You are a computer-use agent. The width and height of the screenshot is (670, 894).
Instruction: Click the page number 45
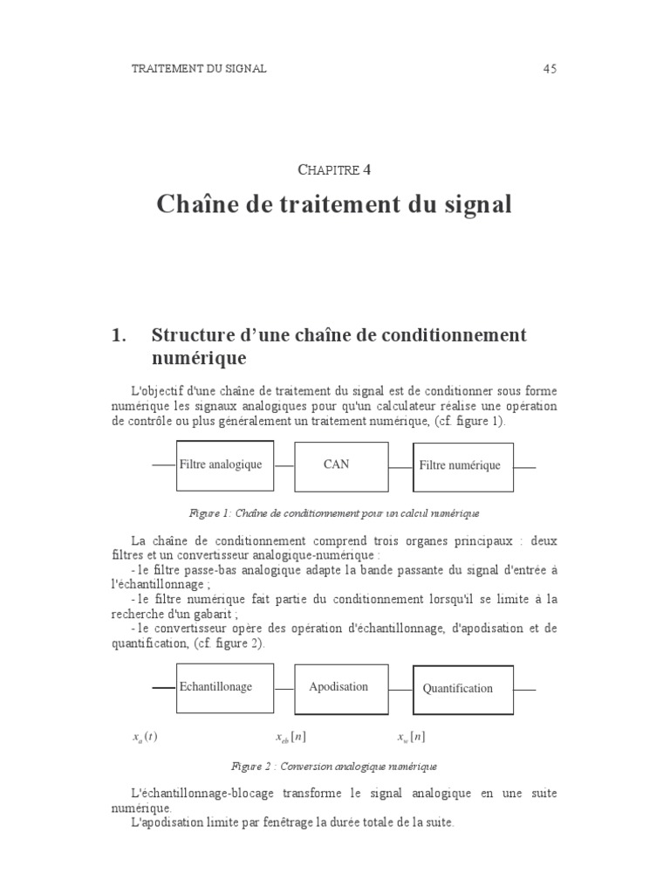point(550,69)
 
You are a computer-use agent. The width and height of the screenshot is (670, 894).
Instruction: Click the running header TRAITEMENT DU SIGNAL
point(199,69)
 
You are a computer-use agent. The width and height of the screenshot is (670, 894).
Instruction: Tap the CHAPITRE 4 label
point(334,169)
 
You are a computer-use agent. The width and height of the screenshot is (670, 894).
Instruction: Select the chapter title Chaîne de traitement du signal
point(334,205)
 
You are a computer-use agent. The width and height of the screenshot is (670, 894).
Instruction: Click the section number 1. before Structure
point(120,335)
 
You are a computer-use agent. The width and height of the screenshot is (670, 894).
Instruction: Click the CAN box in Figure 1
point(341,466)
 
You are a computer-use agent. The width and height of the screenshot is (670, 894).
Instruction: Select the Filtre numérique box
point(462,467)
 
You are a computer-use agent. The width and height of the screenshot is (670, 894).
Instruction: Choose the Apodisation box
point(341,689)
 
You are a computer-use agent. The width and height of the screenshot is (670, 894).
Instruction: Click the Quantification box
point(462,690)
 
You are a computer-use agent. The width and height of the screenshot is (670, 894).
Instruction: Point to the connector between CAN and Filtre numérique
point(400,467)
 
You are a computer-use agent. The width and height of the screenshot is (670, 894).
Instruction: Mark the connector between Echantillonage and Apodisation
point(284,689)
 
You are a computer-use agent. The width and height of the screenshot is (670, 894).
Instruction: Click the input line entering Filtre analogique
point(164,465)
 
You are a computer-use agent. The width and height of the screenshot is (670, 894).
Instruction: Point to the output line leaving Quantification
point(524,690)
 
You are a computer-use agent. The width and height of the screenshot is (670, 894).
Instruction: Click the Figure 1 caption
point(334,513)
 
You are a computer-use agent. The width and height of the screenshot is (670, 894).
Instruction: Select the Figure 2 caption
point(334,767)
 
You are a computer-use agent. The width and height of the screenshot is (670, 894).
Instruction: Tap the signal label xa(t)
point(145,738)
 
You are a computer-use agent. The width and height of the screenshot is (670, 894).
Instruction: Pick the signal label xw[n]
point(411,738)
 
